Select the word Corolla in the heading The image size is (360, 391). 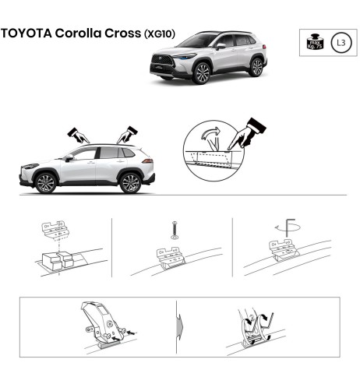77,34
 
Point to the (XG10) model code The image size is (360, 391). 159,35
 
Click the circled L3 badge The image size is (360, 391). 341,42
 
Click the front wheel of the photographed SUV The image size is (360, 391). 203,73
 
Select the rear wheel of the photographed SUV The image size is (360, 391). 256,66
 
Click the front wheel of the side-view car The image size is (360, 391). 46,183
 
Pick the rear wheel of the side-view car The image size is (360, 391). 130,183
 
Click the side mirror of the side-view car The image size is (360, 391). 69,157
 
